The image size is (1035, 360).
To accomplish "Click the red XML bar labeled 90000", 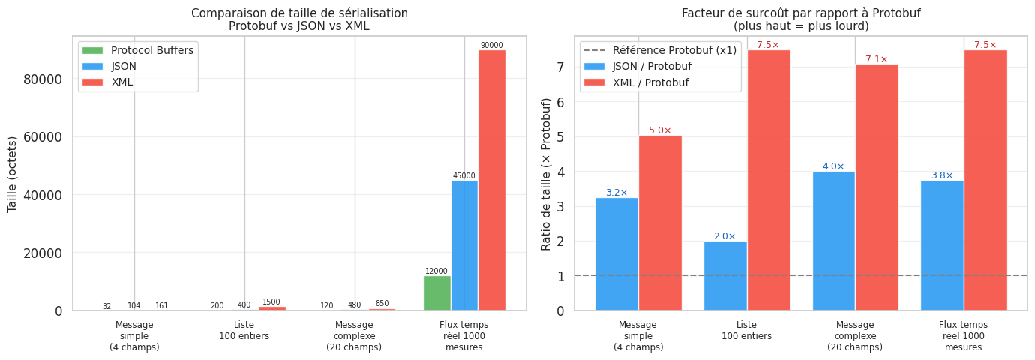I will tap(492, 180).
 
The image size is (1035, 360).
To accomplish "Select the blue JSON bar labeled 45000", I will tap(464, 245).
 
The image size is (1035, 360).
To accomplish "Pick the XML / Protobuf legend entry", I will tap(651, 81).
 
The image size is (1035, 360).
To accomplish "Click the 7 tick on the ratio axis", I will tap(559, 67).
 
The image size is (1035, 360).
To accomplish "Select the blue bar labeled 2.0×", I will tap(724, 275).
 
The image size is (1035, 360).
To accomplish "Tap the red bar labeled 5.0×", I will tap(660, 223).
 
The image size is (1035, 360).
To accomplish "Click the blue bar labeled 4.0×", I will tap(833, 241).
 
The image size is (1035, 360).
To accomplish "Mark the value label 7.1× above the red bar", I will tap(876, 59).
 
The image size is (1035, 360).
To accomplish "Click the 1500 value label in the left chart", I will tap(271, 302).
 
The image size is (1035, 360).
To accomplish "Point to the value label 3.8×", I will tap(942, 175).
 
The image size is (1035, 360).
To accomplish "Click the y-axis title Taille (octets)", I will tap(13, 174).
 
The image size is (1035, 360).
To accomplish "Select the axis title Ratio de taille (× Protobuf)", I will tap(546, 174).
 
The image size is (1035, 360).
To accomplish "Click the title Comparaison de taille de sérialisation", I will tap(299, 13).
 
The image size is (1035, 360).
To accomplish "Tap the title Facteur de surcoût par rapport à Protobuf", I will tap(801, 13).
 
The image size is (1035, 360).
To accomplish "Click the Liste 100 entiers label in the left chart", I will tap(244, 330).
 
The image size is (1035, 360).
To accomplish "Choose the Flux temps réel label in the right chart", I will tap(963, 336).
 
